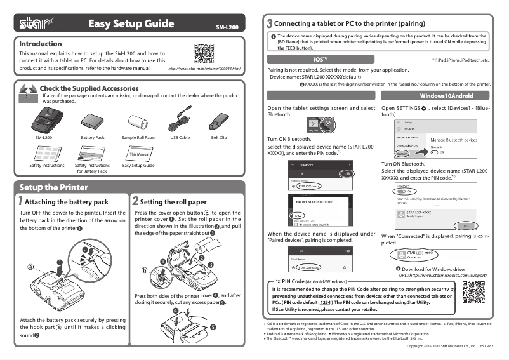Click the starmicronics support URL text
click(442, 275)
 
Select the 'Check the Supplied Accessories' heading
click(89, 88)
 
